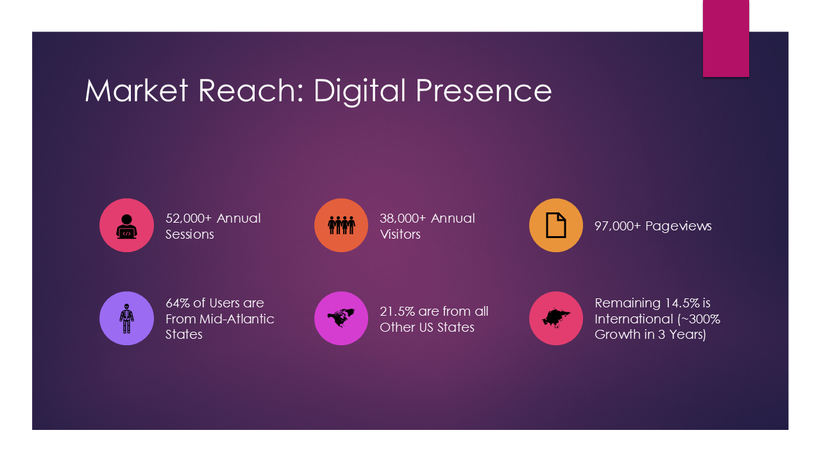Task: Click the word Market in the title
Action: click(137, 90)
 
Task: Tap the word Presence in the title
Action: click(484, 90)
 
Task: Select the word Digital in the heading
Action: click(360, 92)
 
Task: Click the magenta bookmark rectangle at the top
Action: click(725, 38)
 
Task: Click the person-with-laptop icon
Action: click(126, 227)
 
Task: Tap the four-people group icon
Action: click(341, 225)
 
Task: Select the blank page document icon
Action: click(555, 225)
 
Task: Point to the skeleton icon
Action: click(126, 318)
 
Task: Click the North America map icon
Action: click(341, 318)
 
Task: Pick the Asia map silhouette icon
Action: click(555, 318)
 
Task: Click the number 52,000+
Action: click(189, 219)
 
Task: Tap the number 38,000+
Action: click(403, 219)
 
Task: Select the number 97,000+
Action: click(618, 227)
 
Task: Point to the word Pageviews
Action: click(679, 227)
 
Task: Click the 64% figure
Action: click(178, 304)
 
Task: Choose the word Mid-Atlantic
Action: click(237, 319)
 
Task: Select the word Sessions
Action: click(189, 234)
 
